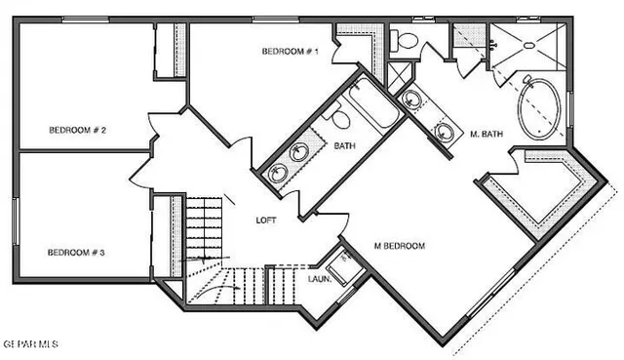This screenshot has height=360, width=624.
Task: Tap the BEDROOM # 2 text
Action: point(78,130)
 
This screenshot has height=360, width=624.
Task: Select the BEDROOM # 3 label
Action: point(76,252)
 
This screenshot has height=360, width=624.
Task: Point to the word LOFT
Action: point(265,220)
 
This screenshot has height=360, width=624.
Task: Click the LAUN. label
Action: point(320,279)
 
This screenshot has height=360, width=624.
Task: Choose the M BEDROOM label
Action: point(400,246)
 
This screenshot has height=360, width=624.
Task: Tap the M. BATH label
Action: point(486,134)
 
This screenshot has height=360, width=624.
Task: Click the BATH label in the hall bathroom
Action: point(344,146)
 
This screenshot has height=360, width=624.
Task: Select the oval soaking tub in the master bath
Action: point(537,105)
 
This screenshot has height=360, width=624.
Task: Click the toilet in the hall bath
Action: point(339,118)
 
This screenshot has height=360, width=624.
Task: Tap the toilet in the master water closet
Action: point(406,40)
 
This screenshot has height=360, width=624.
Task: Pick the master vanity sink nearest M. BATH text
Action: point(445,129)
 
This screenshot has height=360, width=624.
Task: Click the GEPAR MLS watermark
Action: point(29,344)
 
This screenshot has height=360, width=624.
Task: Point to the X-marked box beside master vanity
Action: point(398,75)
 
